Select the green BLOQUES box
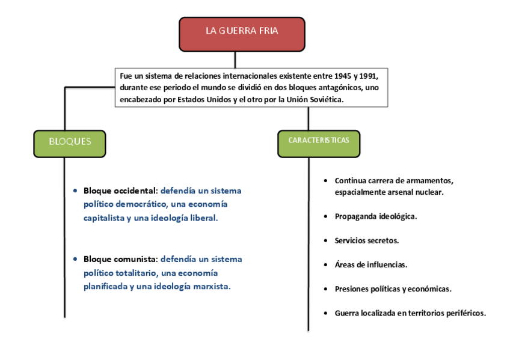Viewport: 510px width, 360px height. (70, 143)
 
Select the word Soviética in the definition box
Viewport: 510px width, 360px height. (324, 99)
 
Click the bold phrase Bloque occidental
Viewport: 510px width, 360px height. (119, 191)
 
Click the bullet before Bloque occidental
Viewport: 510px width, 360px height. (75, 191)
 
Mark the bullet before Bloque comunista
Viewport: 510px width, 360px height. (75, 259)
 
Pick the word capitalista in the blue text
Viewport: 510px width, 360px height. (104, 218)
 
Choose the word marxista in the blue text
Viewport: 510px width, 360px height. (212, 286)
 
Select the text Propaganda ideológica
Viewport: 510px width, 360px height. (376, 216)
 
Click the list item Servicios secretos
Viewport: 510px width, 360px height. (366, 240)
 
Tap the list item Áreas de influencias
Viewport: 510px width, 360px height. (371, 264)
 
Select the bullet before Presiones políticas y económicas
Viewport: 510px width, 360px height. (325, 288)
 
